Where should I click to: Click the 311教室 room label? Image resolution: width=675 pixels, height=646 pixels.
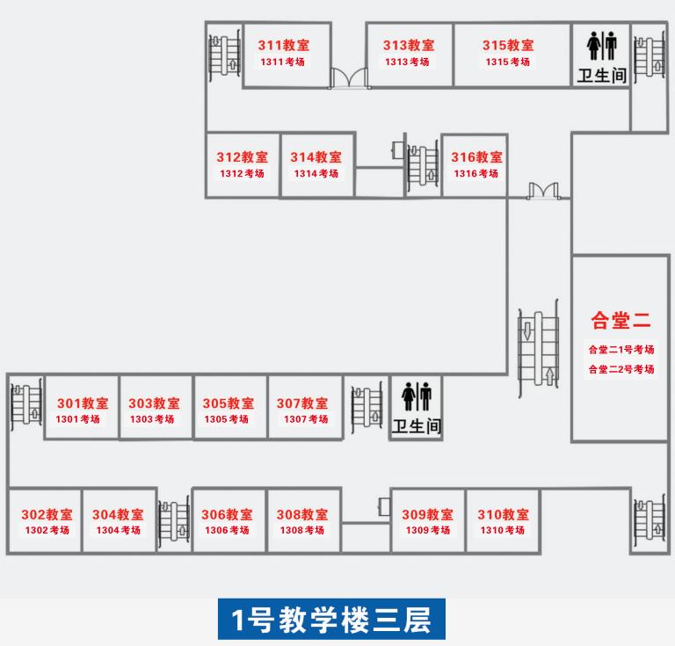tap(282, 46)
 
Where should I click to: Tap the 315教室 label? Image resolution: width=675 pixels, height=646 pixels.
tap(507, 46)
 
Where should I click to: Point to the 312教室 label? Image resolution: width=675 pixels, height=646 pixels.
tap(242, 157)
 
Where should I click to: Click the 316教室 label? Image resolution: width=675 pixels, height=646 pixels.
tap(476, 157)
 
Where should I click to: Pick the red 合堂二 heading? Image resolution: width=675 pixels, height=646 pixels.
tap(621, 320)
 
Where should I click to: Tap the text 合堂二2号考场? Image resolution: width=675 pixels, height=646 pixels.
tap(621, 369)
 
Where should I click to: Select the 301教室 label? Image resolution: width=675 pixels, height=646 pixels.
tap(83, 403)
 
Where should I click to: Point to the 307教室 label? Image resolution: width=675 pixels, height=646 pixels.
tap(302, 403)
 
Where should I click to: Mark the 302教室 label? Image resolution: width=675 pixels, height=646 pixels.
tap(47, 515)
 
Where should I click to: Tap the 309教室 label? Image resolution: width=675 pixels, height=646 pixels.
tap(427, 515)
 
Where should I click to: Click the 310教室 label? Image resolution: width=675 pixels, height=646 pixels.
tap(503, 515)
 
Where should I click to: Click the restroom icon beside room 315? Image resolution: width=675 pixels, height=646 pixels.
tap(602, 46)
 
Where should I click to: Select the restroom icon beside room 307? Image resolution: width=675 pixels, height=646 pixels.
tap(416, 396)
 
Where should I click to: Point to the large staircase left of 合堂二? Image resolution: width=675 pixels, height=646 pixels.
tap(538, 349)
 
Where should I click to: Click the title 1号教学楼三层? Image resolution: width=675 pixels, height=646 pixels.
tap(332, 621)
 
